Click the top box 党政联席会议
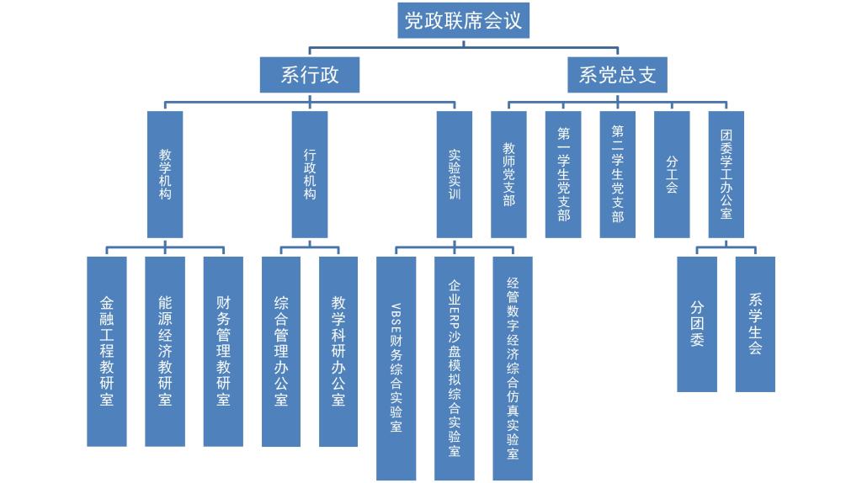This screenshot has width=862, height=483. (x=463, y=20)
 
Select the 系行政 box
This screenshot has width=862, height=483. (x=310, y=75)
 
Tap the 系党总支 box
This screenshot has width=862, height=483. (x=617, y=75)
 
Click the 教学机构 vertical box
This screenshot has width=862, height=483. (x=165, y=174)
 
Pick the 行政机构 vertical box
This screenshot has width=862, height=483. (x=310, y=174)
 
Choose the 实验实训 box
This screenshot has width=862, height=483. (x=455, y=174)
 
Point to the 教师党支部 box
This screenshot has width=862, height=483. (x=508, y=174)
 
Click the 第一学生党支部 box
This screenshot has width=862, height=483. (x=563, y=174)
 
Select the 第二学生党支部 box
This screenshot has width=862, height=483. (x=618, y=174)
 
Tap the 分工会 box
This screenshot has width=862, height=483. (x=672, y=174)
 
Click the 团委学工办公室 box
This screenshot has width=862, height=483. (x=726, y=174)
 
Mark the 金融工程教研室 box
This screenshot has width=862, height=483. (x=107, y=351)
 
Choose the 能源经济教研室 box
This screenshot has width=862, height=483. (x=165, y=351)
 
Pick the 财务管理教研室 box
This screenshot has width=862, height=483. (x=223, y=351)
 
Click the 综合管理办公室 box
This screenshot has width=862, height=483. (x=281, y=351)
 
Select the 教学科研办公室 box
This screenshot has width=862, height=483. (x=338, y=351)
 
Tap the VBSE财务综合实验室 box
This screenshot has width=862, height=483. (x=396, y=368)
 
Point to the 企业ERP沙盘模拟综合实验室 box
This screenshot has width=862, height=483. (x=455, y=368)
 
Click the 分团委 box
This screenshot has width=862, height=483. (x=697, y=324)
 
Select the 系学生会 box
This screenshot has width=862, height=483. (x=755, y=324)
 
